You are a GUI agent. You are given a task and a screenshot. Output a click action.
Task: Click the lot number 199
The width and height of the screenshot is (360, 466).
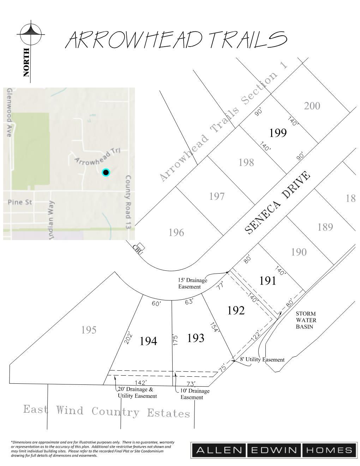[x=278, y=133]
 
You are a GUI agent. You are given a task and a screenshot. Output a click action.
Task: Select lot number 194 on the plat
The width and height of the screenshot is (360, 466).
[x=148, y=341]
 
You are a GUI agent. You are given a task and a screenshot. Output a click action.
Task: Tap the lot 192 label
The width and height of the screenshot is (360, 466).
[x=236, y=310]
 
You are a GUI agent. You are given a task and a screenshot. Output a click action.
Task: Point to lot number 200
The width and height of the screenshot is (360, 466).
[x=312, y=106]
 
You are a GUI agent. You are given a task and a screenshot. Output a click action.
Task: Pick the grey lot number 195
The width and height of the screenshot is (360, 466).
[x=89, y=330]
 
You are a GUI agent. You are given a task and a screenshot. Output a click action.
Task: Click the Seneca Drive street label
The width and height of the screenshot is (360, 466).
[x=278, y=203]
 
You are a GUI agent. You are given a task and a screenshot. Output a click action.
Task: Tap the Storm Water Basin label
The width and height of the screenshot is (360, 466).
[x=306, y=320]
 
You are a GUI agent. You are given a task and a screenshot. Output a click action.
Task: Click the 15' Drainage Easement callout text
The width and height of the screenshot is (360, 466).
[x=192, y=283]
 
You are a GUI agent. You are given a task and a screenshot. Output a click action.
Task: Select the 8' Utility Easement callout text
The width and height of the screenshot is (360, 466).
[x=262, y=359]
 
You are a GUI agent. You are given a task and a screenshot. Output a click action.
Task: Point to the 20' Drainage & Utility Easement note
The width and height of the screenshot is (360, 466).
[x=137, y=393]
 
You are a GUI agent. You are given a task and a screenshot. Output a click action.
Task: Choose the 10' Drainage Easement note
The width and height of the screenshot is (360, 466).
[x=194, y=394]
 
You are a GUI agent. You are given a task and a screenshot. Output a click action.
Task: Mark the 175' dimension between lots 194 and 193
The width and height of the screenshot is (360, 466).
[x=175, y=340]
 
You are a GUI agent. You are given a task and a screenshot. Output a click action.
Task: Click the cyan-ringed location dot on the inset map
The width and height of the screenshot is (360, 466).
[x=106, y=172]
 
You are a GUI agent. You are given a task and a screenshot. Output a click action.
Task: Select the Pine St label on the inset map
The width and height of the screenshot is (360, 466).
[x=20, y=202]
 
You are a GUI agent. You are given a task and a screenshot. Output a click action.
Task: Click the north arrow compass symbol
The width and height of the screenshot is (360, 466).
[x=31, y=34]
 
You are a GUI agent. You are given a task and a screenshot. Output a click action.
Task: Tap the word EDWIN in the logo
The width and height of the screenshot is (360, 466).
[x=274, y=450]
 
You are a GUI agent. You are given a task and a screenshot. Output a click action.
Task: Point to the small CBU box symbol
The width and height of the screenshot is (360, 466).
[x=141, y=246]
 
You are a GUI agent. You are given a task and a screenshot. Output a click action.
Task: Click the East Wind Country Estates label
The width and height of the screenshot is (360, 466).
[x=107, y=411]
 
